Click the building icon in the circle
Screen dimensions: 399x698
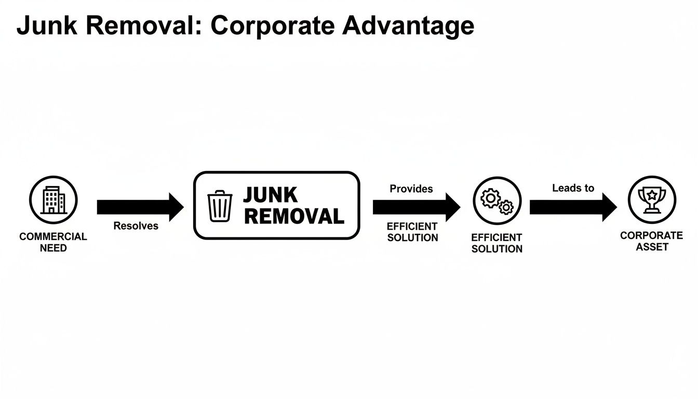click(53, 201)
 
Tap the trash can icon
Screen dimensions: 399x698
click(220, 206)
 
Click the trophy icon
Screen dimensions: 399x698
click(652, 200)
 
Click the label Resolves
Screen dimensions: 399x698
click(136, 227)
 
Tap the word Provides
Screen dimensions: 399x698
click(411, 189)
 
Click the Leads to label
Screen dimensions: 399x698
click(573, 188)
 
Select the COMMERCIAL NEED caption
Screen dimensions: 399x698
click(53, 242)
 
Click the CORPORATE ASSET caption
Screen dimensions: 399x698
click(651, 241)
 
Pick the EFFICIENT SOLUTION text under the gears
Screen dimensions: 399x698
click(496, 243)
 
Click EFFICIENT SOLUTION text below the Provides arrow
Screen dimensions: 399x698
click(412, 232)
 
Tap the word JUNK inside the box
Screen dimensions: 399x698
click(270, 195)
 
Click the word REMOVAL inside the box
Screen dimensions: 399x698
click(294, 216)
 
